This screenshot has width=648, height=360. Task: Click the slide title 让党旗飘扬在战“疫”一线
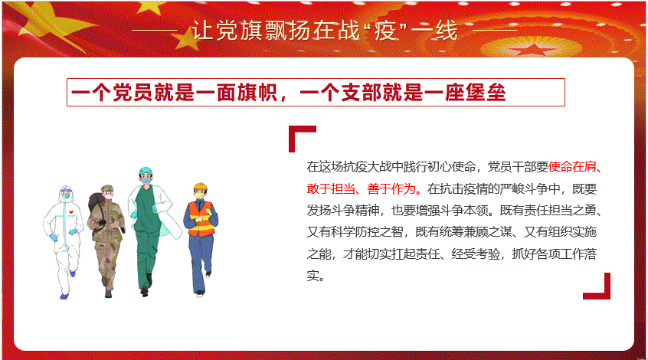[x=325, y=31]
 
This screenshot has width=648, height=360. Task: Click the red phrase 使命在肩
[x=572, y=166]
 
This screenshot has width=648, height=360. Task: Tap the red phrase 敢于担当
[x=331, y=188]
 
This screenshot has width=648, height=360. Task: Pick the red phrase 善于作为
[x=391, y=188]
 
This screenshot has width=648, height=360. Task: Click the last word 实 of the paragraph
[x=313, y=275]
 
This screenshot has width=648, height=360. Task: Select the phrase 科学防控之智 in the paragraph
[x=367, y=232]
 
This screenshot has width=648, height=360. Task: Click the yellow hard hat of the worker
[x=201, y=186]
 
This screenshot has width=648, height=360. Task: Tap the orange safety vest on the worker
[x=201, y=219]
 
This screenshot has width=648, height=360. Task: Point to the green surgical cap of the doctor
[x=145, y=171]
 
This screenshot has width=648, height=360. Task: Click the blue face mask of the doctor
[x=146, y=181]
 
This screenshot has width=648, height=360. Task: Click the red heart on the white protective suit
[x=70, y=212]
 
